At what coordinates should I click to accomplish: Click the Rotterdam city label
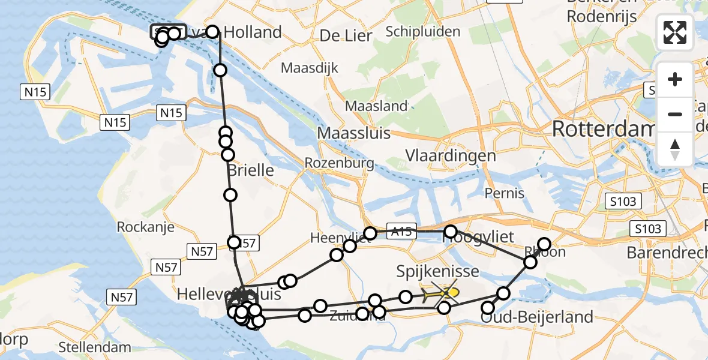pos(602,128)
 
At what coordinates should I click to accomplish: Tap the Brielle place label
pos(251,170)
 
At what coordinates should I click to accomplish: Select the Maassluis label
pos(353,133)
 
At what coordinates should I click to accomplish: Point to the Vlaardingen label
pos(451,155)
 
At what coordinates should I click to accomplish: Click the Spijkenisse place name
pos(438,272)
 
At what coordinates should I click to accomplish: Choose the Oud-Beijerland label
pos(537,316)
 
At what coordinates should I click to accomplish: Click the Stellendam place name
pos(95,347)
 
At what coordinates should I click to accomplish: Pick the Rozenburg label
pos(339,163)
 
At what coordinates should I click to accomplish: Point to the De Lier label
pos(346,36)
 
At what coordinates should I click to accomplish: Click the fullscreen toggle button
pos(675,32)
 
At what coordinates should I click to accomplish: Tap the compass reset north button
pos(675,149)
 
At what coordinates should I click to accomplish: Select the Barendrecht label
pos(666,253)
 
